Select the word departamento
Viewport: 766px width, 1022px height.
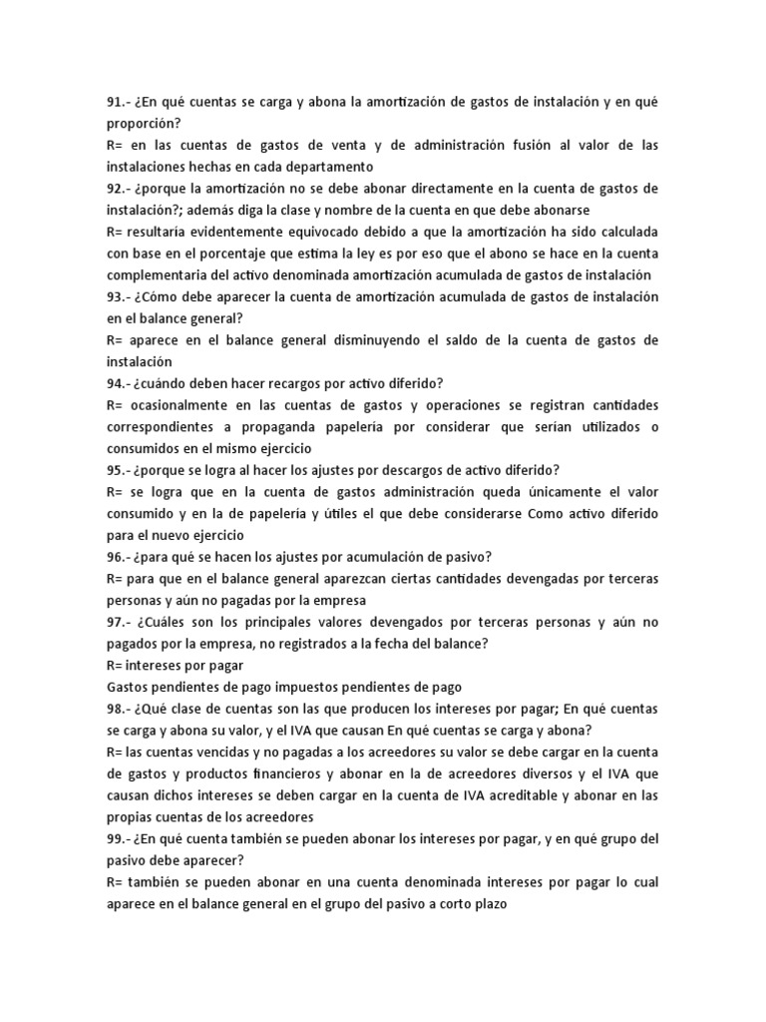pyautogui.click(x=327, y=167)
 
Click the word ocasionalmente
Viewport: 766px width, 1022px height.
pyautogui.click(x=184, y=405)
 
